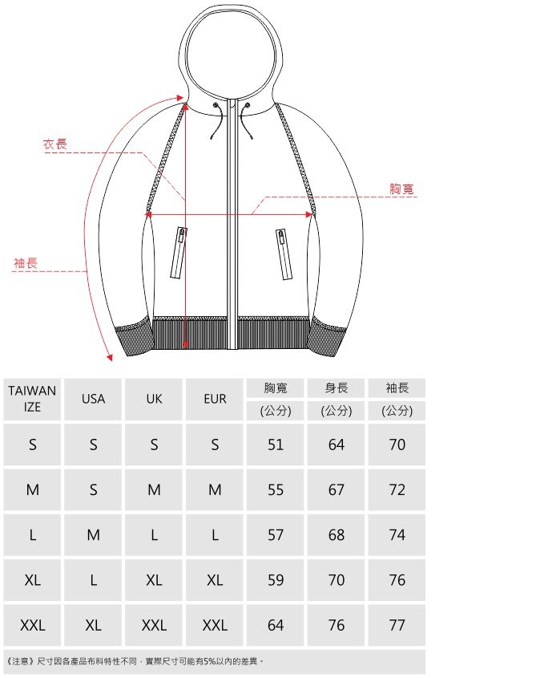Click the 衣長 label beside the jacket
(55, 144)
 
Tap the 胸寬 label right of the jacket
(401, 189)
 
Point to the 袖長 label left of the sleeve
(26, 263)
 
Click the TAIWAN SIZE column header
(32, 399)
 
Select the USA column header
(93, 399)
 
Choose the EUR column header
(215, 399)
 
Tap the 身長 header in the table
(336, 388)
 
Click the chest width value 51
(276, 445)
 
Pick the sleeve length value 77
(397, 625)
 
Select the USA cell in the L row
(93, 535)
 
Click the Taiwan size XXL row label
(32, 625)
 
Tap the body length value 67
(336, 489)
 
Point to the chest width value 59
(276, 580)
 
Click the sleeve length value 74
(397, 535)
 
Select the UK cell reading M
(154, 489)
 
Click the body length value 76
(336, 625)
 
